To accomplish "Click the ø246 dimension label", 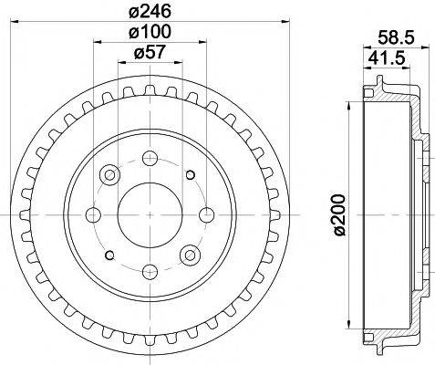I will point(150,14).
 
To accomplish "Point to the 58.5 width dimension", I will point(395,37).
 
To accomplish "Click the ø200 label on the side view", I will point(339,214).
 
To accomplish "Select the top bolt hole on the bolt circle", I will point(150,156).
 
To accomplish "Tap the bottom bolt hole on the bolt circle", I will point(150,272).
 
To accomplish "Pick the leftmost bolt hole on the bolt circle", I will point(93,214).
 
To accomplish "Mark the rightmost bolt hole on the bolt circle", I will point(208,214).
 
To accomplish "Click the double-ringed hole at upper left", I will point(110,173).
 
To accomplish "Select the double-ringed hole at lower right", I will point(191,255).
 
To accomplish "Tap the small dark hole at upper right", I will point(191,173).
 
